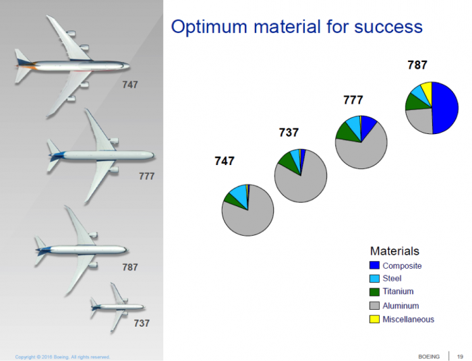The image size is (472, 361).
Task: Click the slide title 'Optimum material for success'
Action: pos(297,27)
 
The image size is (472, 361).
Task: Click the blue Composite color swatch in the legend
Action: pos(374,266)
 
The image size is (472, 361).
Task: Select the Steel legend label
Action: pos(392,279)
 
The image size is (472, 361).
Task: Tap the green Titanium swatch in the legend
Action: pos(374,292)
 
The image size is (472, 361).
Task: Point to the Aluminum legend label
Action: pos(401,306)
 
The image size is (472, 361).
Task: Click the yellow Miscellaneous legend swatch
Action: pos(374,319)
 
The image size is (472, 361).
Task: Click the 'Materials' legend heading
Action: pos(394,251)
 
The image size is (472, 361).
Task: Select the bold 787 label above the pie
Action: pos(417,65)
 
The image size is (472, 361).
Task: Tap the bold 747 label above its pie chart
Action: pos(225,161)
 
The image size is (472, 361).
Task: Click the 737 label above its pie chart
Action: pos(289,133)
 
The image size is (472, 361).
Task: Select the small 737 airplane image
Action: pos(116,306)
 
